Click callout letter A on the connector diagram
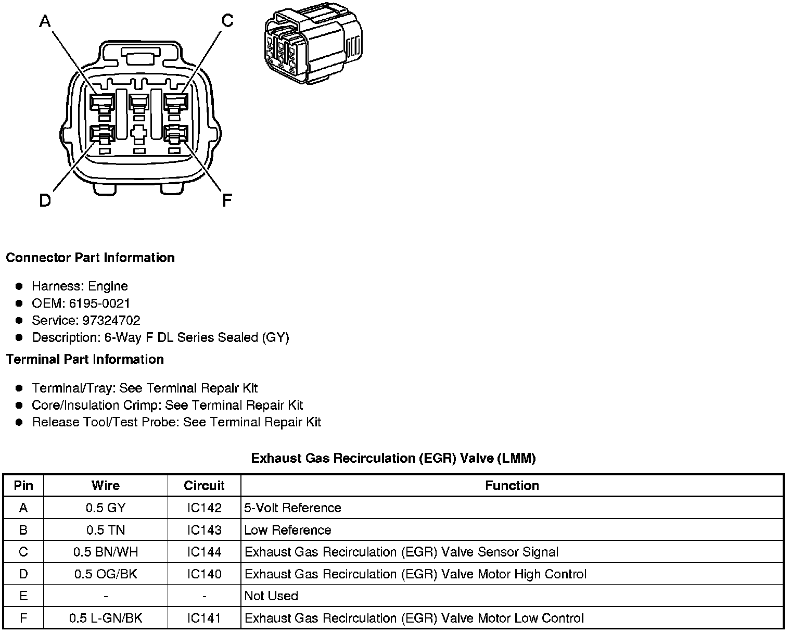(x=45, y=21)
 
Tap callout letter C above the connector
(x=227, y=21)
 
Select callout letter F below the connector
(x=226, y=200)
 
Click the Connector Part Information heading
(x=90, y=258)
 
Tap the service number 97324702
(x=111, y=320)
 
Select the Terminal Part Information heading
(x=85, y=359)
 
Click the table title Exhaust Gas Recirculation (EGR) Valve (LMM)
(x=393, y=458)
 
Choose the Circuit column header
(x=204, y=486)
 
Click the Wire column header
(x=106, y=486)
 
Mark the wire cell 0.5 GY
(x=106, y=508)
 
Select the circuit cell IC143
(x=204, y=530)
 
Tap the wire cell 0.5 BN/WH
(x=106, y=552)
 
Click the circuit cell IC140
(x=204, y=574)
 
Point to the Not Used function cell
(x=271, y=596)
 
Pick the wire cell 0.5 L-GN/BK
(x=106, y=618)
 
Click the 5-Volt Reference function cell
(x=292, y=508)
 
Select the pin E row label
(x=23, y=596)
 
